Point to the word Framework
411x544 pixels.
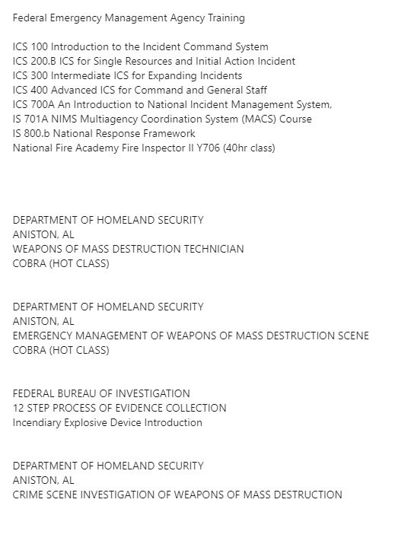[167, 133]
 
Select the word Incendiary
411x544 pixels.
[36, 422]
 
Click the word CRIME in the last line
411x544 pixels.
[29, 495]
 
